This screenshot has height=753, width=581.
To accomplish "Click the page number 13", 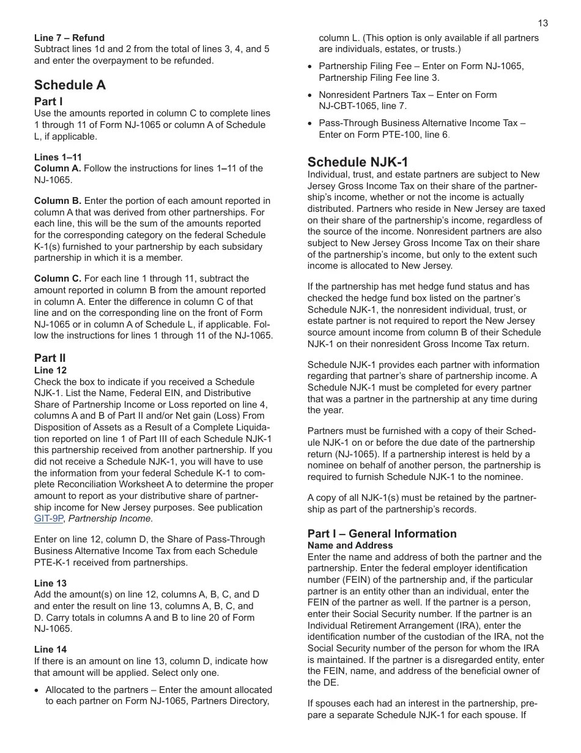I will [543, 23].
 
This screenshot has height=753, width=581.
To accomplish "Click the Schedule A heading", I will [70, 85].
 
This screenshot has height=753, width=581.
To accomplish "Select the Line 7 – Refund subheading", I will [69, 38].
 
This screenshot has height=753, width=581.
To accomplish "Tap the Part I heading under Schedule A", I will [48, 102].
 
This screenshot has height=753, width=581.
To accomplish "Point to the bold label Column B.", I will [57, 201].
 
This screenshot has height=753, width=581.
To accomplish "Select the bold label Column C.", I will [57, 279].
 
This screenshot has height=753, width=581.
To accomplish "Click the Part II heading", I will [50, 358].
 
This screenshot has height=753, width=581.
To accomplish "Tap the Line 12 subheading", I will [50, 370].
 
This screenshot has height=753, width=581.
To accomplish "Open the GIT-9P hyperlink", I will [48, 519].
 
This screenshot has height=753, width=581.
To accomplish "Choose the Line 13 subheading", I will [50, 583].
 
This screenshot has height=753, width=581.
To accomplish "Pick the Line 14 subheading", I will [50, 650].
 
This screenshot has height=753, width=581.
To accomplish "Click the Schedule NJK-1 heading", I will [357, 162].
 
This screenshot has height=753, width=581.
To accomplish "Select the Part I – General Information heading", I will [382, 534].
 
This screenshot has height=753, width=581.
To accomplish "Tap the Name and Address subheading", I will [350, 545].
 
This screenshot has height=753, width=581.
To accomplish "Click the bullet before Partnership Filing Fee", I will [311, 67].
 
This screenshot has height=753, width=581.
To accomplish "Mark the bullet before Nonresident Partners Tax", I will [311, 96].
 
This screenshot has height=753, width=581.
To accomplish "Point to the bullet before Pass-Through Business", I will [311, 124].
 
